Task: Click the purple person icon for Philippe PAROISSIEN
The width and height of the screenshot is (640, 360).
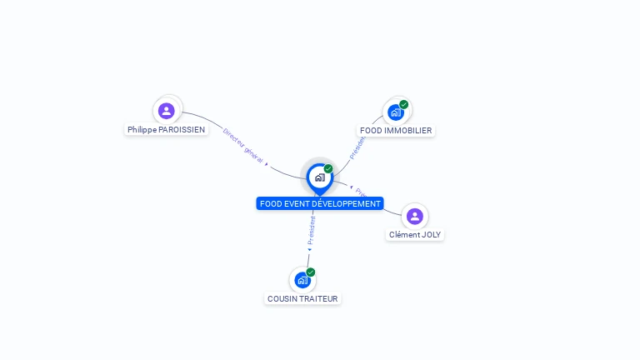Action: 167,110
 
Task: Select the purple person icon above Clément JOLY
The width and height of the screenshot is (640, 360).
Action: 414,216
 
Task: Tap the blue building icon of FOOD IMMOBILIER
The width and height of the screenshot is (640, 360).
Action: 395,112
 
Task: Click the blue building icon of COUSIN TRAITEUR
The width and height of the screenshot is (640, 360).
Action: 302,280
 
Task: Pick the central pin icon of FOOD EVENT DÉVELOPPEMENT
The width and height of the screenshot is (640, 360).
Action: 319,177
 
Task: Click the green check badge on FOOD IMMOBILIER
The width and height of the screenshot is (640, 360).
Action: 404,104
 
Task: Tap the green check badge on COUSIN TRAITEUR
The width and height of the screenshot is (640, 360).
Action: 311,272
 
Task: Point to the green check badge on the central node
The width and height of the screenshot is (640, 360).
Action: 328,169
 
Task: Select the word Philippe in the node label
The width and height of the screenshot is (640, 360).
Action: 142,130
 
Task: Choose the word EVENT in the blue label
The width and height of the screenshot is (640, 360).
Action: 296,204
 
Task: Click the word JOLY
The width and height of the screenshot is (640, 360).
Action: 431,235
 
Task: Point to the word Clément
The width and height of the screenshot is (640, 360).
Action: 404,235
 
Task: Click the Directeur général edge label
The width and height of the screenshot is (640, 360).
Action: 243,146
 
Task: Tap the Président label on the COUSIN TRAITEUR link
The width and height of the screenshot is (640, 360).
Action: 312,230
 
